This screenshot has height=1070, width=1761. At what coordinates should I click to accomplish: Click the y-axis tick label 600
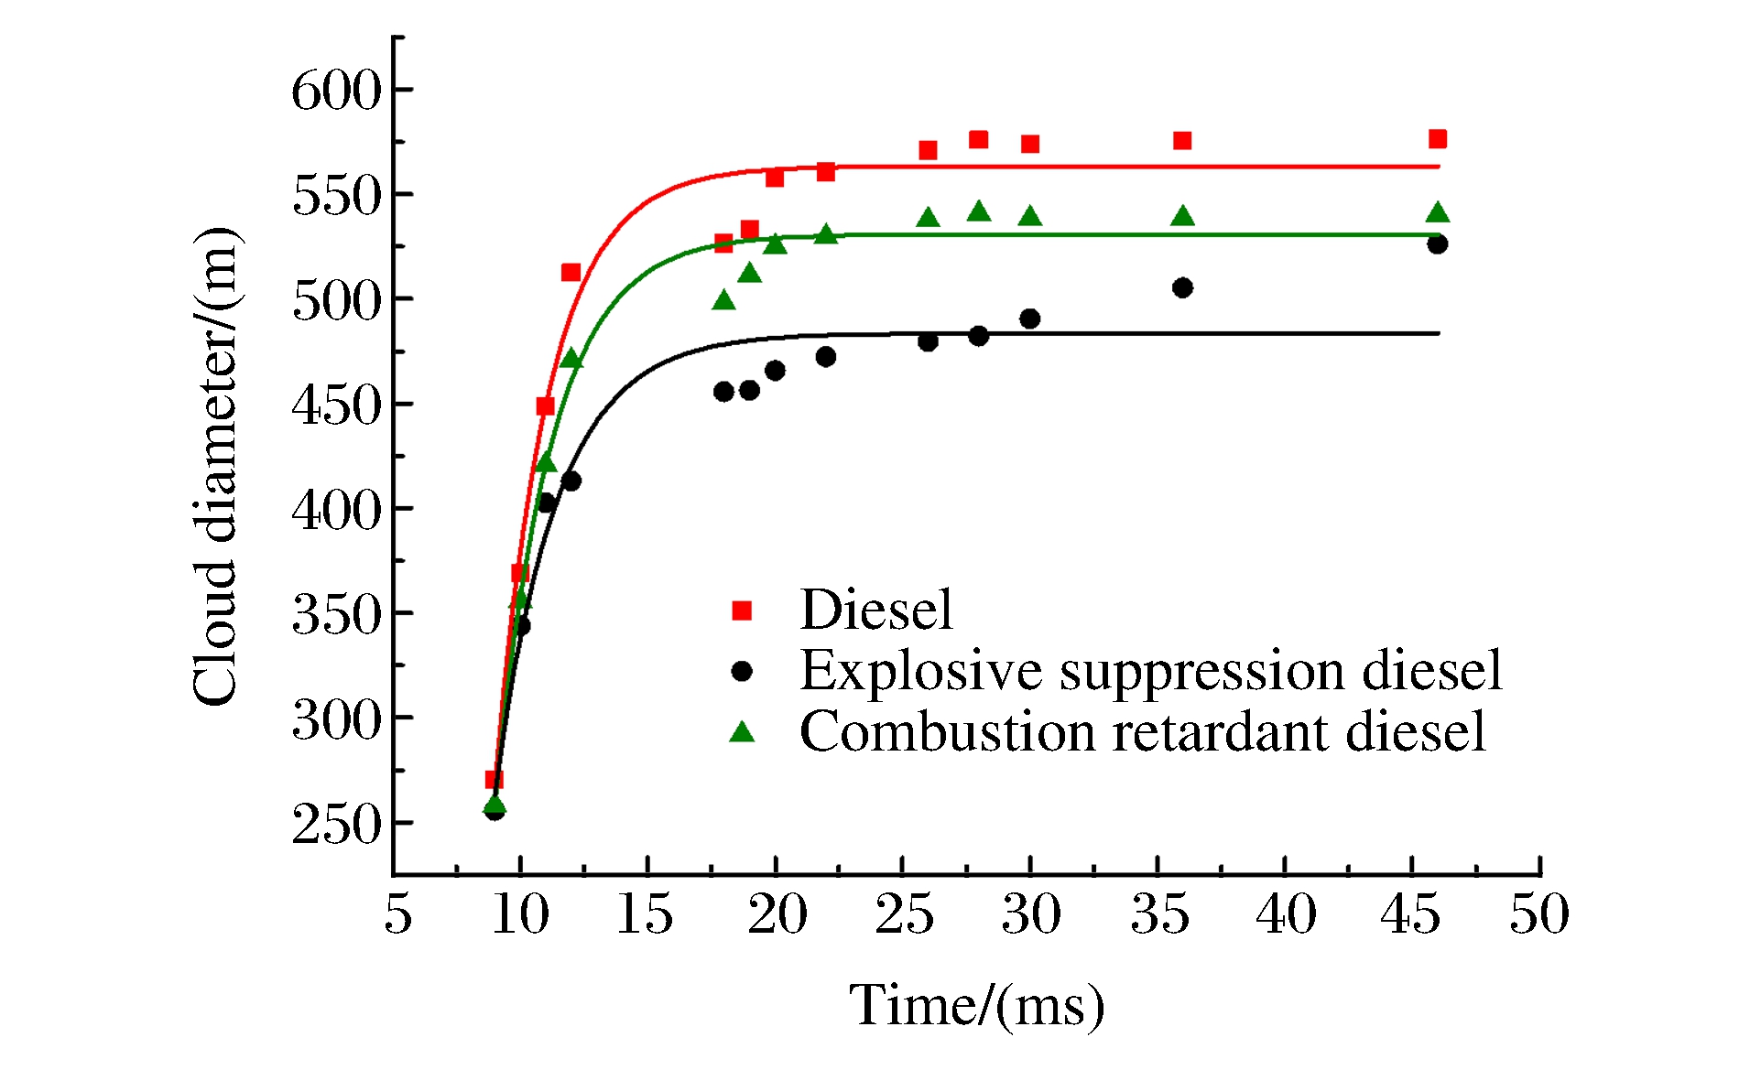(335, 92)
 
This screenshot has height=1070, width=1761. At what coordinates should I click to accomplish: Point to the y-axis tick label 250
(335, 825)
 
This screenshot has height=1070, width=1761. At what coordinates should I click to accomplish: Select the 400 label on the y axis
(335, 510)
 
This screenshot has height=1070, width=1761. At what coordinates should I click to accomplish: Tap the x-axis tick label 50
(1538, 914)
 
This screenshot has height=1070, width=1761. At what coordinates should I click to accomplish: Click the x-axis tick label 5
(397, 914)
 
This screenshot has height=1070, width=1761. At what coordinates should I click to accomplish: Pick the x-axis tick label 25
(904, 914)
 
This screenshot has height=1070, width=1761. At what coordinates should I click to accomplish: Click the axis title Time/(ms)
(976, 1006)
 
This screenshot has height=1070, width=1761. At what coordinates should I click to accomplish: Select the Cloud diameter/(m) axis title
(216, 466)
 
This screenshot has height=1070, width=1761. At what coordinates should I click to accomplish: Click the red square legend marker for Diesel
(742, 611)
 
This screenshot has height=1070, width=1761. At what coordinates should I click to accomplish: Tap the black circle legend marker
(742, 672)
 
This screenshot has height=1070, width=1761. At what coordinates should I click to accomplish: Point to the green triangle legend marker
(742, 731)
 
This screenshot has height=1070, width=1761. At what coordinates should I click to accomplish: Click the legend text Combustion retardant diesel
(1142, 731)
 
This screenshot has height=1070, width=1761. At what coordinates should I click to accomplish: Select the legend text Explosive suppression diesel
(1150, 671)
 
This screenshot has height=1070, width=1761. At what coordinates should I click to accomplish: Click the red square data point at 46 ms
(1437, 139)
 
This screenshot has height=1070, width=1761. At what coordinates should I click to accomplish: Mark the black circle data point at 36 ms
(1182, 288)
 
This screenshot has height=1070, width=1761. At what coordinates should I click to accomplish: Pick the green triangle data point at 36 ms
(1182, 217)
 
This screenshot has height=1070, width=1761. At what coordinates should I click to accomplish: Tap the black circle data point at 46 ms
(1437, 244)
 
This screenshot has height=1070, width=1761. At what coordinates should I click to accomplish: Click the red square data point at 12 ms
(571, 272)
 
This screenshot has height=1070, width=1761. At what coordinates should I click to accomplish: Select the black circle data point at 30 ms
(1029, 319)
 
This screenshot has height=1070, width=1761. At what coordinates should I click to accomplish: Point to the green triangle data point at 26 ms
(928, 218)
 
